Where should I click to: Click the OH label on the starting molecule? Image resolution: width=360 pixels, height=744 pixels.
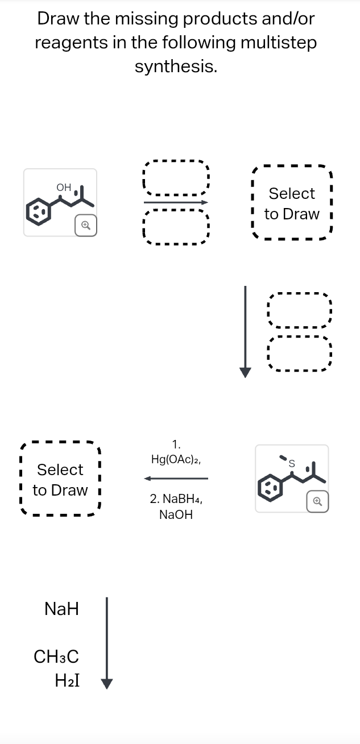pos(64,187)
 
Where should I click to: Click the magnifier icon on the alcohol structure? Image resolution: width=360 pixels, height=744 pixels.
pos(85,225)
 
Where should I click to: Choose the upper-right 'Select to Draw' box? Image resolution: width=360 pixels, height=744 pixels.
pos(292,203)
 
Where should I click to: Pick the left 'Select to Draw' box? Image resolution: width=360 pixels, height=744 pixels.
pos(60,480)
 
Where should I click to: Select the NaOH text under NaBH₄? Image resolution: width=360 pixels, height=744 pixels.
pos(176,515)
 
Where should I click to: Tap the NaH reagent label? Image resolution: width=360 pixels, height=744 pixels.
pos(61,610)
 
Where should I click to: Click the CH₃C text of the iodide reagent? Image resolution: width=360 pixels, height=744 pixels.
pos(56,657)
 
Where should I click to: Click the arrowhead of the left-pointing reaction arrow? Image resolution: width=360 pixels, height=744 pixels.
pos(149,479)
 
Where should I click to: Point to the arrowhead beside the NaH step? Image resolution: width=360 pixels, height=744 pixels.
pos(107,682)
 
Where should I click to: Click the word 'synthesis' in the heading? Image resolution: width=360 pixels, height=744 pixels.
pos(176,67)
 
